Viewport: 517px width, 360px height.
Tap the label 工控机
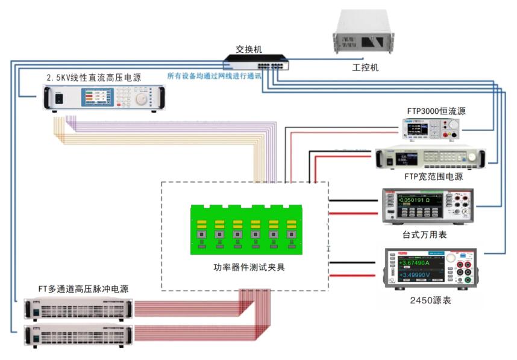[x=365, y=68]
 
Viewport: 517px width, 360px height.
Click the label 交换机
[x=249, y=48]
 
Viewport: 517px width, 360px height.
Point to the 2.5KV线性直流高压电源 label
[x=94, y=78]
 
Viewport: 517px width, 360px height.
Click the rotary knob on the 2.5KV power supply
[x=141, y=99]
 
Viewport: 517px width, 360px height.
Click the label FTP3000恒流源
[x=436, y=111]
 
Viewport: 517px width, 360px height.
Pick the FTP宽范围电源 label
[x=434, y=177]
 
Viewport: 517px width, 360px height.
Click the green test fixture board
[x=245, y=229]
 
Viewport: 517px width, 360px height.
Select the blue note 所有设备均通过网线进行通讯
[x=214, y=76]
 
